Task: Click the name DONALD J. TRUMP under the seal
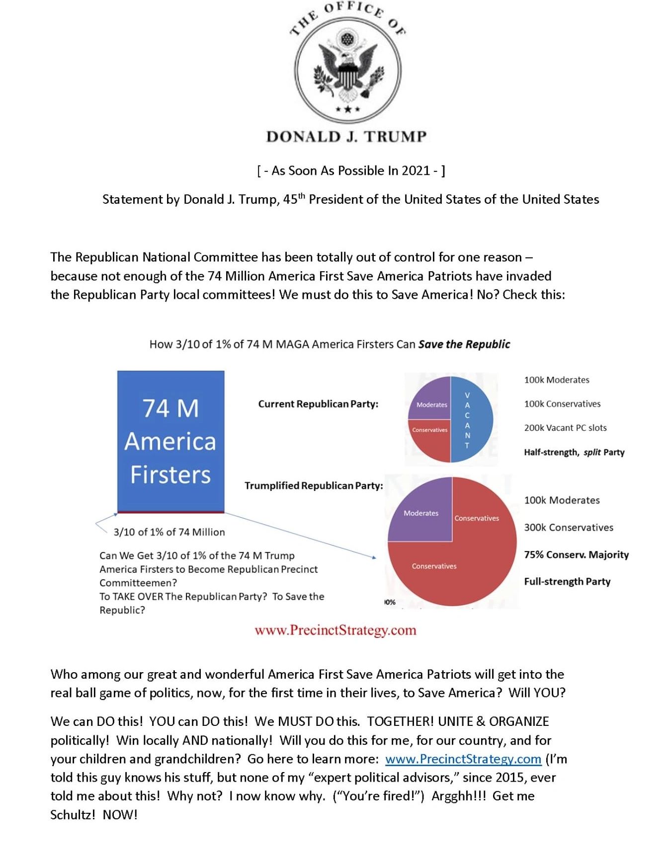(346, 137)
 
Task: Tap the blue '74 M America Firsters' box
(170, 441)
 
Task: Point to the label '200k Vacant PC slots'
(565, 428)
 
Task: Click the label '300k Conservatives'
(569, 528)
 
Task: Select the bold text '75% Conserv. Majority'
(576, 554)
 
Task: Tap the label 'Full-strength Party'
(567, 581)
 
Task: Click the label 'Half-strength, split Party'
(574, 452)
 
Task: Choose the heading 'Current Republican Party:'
(318, 404)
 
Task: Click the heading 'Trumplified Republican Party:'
(314, 485)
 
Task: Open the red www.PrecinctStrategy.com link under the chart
(335, 630)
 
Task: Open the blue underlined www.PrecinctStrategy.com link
(463, 759)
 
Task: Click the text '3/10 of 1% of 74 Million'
(169, 532)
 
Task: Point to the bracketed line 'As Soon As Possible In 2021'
(351, 171)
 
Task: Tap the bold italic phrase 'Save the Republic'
(464, 344)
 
